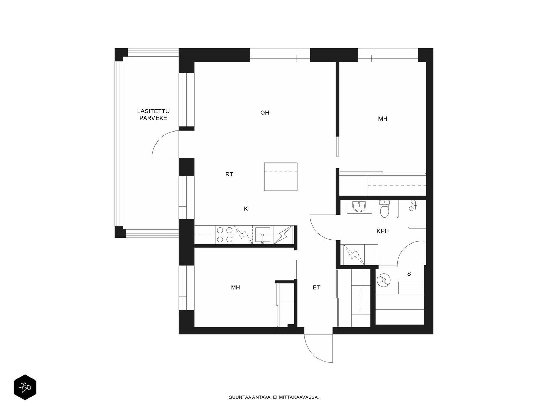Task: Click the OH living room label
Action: tap(265, 113)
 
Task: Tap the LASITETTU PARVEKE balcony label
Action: tap(153, 114)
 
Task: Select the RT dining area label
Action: tap(229, 174)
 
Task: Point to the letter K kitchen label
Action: tap(246, 209)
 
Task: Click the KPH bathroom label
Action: tap(383, 231)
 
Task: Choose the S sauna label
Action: tap(409, 274)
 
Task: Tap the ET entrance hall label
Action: tap(316, 287)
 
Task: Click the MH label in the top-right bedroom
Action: tap(383, 119)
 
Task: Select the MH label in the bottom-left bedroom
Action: tap(235, 287)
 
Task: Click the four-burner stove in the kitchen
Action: tap(224, 235)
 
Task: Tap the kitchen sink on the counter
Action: tap(263, 235)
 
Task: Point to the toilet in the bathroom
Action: tap(384, 209)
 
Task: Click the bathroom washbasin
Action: tap(359, 207)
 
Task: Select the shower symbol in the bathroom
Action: tap(413, 206)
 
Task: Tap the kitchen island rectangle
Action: tap(281, 177)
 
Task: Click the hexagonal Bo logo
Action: tap(25, 387)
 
